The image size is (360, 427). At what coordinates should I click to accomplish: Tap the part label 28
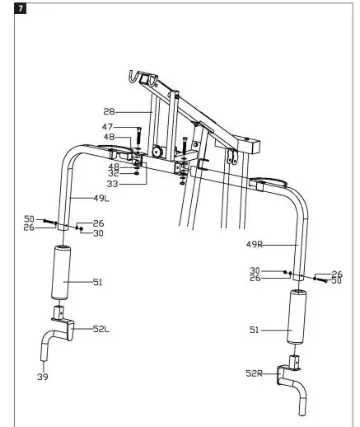110,110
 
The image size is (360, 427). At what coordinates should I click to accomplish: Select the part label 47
107,126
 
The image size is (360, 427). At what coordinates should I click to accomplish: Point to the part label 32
113,174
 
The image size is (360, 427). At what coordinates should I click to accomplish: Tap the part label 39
44,377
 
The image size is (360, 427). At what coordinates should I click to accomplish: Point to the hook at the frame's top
129,77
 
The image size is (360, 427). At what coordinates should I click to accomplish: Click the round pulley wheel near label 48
155,152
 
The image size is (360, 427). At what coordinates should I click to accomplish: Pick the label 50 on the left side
29,218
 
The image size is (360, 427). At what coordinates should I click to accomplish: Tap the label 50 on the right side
336,281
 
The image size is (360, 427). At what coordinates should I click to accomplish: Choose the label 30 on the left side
98,233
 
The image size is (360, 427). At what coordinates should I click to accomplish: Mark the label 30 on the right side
255,270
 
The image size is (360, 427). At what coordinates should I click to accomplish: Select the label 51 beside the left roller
97,283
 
